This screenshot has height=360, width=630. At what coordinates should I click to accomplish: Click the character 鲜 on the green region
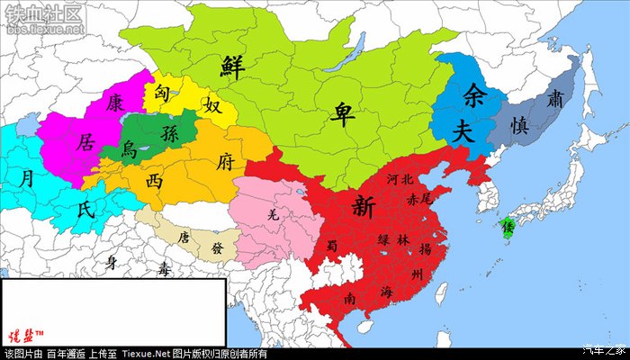point(236,66)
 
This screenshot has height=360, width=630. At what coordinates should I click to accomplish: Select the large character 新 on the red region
point(364,206)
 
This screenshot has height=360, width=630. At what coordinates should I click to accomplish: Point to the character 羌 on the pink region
point(274,214)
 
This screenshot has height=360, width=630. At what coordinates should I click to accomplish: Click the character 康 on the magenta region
point(114,102)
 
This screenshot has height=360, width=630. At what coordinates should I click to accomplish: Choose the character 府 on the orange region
point(227,162)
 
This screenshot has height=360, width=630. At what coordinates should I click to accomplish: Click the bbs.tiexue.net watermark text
point(43,29)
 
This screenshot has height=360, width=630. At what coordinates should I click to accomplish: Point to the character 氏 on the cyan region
point(85,210)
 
